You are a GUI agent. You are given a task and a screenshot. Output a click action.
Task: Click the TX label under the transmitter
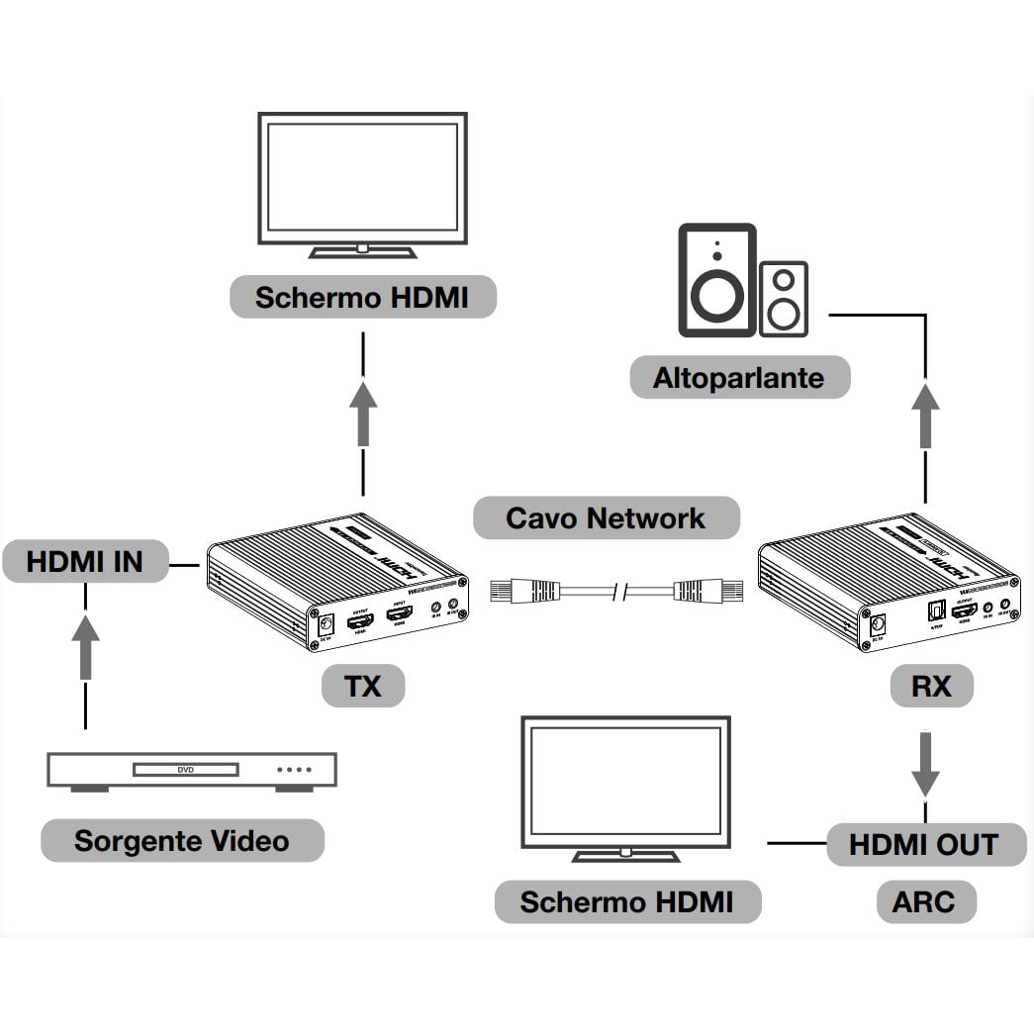click(363, 686)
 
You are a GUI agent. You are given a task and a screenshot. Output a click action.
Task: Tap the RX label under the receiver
click(931, 686)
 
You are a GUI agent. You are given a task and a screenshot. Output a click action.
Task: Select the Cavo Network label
click(606, 517)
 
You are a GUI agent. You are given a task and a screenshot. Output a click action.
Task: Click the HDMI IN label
click(84, 562)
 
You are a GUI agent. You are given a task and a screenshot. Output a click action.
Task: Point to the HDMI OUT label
click(924, 844)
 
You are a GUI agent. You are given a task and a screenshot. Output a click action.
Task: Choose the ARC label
click(924, 901)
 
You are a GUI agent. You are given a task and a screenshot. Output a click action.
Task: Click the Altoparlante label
click(739, 377)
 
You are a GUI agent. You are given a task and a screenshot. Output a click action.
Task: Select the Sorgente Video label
click(182, 841)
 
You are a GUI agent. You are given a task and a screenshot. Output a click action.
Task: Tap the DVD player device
click(192, 770)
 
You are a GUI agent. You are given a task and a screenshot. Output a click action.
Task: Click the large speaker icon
click(716, 280)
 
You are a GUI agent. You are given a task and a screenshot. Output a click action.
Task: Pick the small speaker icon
click(784, 297)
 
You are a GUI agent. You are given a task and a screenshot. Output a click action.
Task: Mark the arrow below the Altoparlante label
click(925, 416)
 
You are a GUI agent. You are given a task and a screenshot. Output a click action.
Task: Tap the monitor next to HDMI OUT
click(625, 786)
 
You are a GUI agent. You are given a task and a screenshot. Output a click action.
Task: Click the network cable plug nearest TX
click(514, 592)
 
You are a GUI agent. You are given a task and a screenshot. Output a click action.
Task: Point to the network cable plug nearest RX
click(695, 592)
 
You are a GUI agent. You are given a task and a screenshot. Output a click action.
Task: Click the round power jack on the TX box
click(324, 624)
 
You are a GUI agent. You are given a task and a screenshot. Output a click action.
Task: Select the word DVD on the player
click(186, 769)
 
